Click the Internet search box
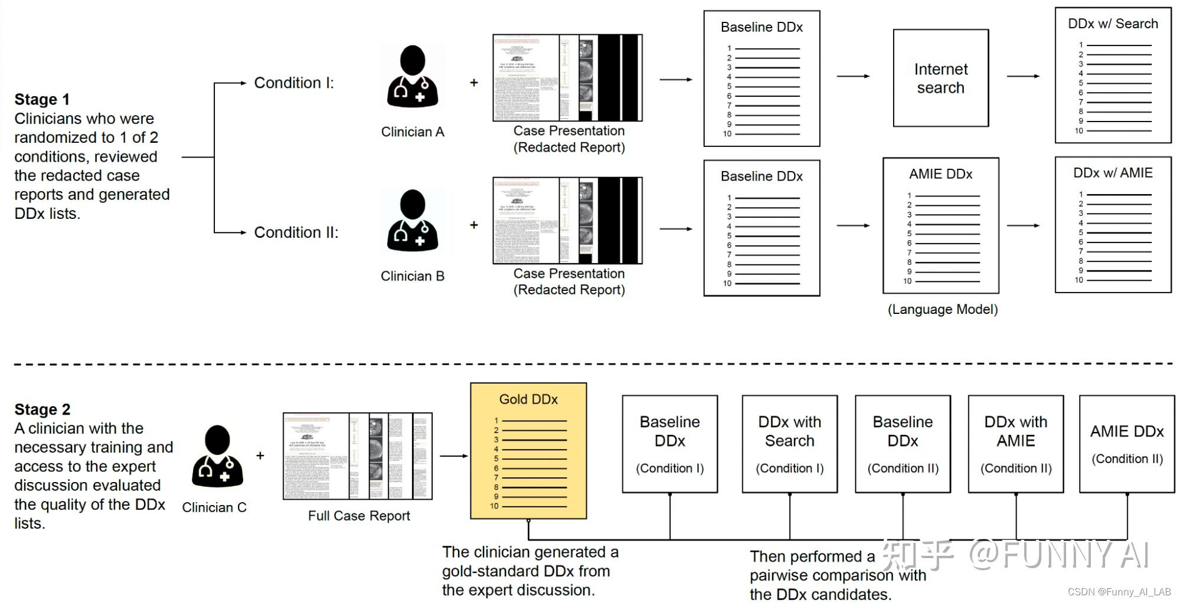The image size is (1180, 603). click(x=940, y=78)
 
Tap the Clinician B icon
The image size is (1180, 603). click(x=412, y=221)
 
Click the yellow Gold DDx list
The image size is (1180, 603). click(x=528, y=451)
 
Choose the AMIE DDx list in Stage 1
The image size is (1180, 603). click(x=940, y=225)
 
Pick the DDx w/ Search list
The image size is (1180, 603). click(x=1113, y=75)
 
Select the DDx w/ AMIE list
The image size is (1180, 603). click(x=1113, y=224)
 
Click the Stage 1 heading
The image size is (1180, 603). click(x=42, y=99)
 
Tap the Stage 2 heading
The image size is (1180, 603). click(x=43, y=409)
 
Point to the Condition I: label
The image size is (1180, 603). click(x=294, y=83)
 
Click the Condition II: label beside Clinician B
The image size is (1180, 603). click(x=296, y=232)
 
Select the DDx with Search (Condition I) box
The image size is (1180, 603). click(x=789, y=444)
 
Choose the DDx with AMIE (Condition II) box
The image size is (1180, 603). click(x=1015, y=444)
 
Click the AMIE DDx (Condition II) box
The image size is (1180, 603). click(x=1126, y=444)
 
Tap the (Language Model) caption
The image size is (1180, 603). click(x=943, y=310)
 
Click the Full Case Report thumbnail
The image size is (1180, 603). click(x=358, y=456)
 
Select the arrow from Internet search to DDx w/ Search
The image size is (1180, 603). click(x=1023, y=76)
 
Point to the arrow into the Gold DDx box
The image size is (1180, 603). click(x=453, y=455)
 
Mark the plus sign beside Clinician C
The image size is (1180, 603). click(x=260, y=455)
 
